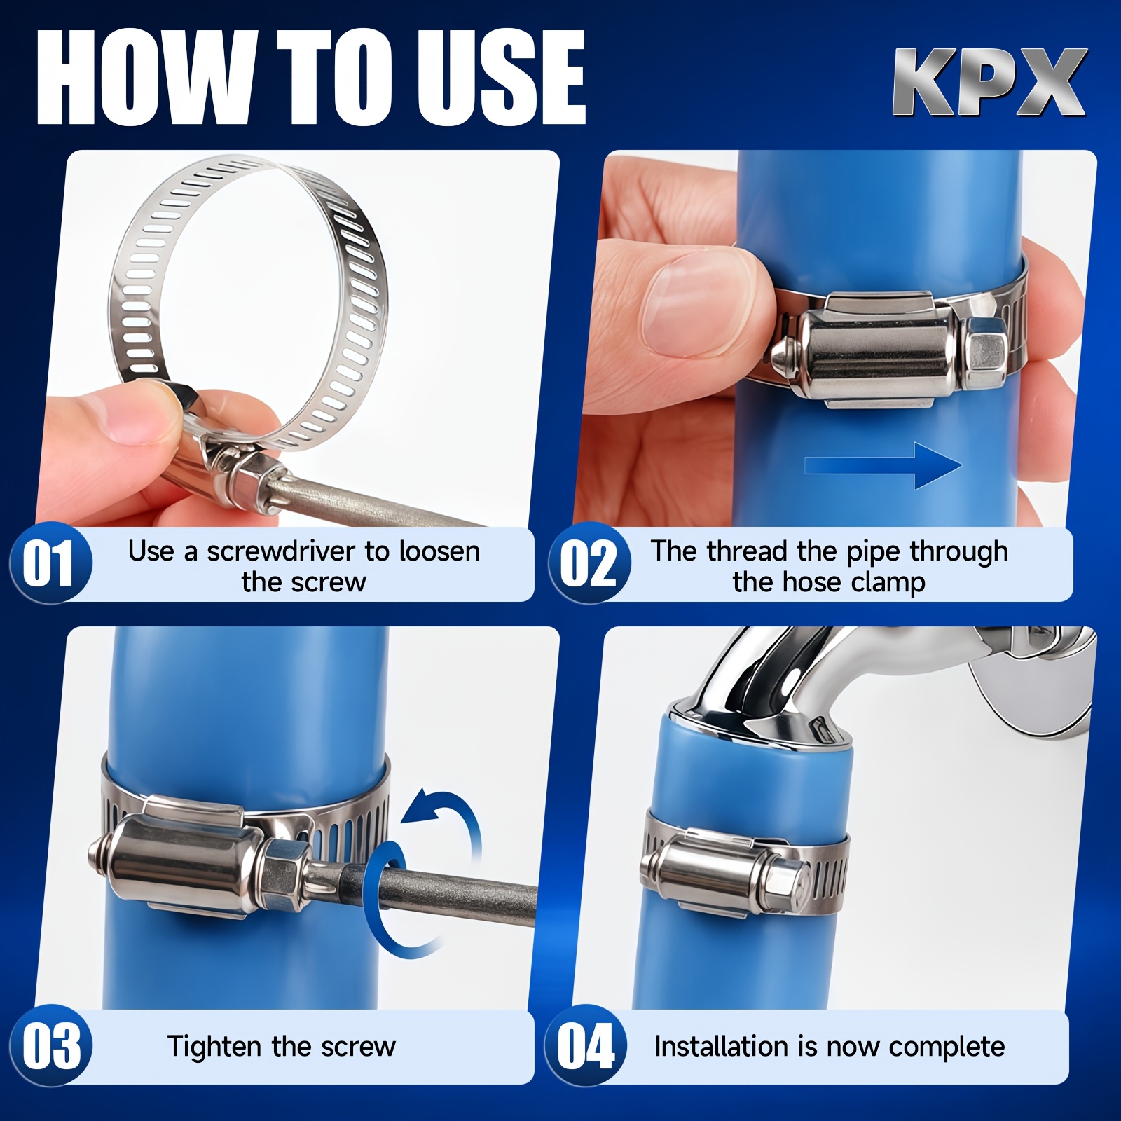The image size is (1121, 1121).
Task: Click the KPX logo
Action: tap(989, 83)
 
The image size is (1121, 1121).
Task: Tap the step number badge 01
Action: tap(51, 563)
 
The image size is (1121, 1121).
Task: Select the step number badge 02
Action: tap(589, 563)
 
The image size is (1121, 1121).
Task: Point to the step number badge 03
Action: tap(51, 1047)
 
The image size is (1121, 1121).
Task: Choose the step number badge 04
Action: tap(586, 1047)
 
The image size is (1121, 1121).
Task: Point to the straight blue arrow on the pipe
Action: tap(883, 465)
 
